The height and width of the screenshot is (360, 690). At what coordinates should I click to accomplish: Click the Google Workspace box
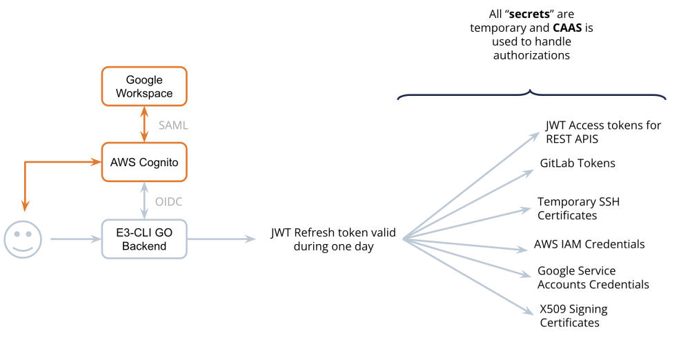tap(144, 86)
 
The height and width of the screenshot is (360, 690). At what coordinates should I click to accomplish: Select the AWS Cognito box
tap(144, 163)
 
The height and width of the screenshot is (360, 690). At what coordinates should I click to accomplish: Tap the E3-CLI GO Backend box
tap(144, 239)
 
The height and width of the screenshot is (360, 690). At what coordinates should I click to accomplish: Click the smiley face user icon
tap(23, 239)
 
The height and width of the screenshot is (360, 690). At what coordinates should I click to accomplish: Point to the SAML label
tap(173, 126)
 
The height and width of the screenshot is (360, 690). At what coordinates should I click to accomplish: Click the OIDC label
tap(169, 201)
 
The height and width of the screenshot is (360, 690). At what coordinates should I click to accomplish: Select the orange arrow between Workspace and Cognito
tap(144, 124)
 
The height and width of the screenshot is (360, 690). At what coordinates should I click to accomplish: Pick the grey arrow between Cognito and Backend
tap(144, 201)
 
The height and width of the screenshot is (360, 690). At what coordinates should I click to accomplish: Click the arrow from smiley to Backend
tap(75, 239)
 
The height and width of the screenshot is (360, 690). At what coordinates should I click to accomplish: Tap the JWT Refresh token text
tap(333, 239)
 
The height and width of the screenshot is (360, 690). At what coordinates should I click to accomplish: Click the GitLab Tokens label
tap(578, 163)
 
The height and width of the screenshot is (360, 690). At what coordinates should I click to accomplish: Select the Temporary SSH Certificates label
tap(578, 208)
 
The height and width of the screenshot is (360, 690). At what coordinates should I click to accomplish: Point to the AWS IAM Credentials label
tap(589, 244)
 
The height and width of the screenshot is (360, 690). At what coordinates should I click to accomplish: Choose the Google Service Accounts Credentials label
tap(593, 277)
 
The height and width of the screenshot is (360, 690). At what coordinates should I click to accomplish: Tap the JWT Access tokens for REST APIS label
tap(603, 132)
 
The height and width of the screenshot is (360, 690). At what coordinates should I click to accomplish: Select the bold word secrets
tap(528, 14)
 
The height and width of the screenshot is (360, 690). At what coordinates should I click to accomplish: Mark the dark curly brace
tap(531, 95)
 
